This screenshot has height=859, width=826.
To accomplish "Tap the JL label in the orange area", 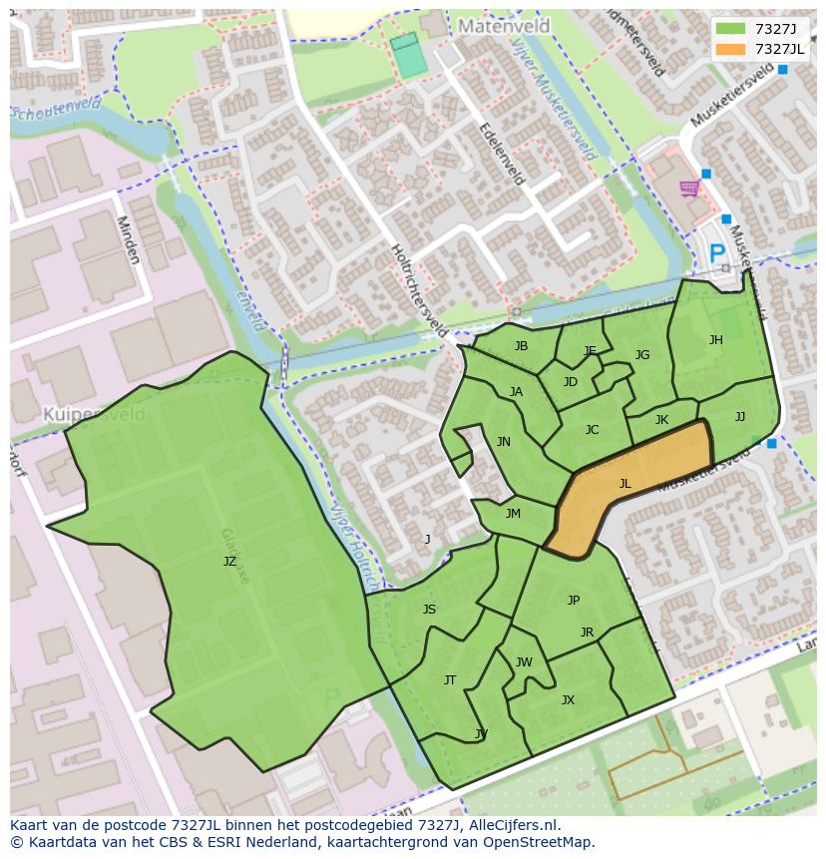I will pos(624,484).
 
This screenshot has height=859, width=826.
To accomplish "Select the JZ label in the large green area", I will pos(229,562).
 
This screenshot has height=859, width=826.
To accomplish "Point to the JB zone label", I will pos(521,346).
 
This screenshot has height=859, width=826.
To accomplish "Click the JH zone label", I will pos(715,340).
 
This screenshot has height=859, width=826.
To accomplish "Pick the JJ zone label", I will pos(739,417).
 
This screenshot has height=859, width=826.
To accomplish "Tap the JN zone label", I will pos(503,442).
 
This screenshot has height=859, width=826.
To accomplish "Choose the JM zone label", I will pos(513,514).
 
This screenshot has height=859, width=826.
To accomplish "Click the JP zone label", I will pos(573,600).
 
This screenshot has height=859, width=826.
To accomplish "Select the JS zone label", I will pos(429,610).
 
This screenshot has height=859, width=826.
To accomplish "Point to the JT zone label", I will pos(450,680).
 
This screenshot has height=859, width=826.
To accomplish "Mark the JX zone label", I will pos(568,700).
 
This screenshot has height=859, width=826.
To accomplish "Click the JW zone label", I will pos(524,662).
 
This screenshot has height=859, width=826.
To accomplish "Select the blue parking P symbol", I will pos(717,255).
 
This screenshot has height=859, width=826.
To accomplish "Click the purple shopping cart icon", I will pos(688,189).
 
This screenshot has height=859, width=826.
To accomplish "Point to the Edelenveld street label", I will pos(502,154).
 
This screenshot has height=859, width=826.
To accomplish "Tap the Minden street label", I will pos(128,239).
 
